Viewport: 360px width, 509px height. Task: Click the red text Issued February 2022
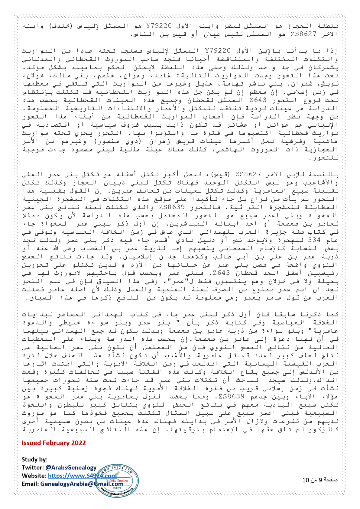[x=54, y=443]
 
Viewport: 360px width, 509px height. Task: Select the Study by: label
[x=35, y=459]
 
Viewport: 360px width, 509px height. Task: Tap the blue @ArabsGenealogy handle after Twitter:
[x=71, y=468]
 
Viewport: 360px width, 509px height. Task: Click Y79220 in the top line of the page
[x=159, y=26]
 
